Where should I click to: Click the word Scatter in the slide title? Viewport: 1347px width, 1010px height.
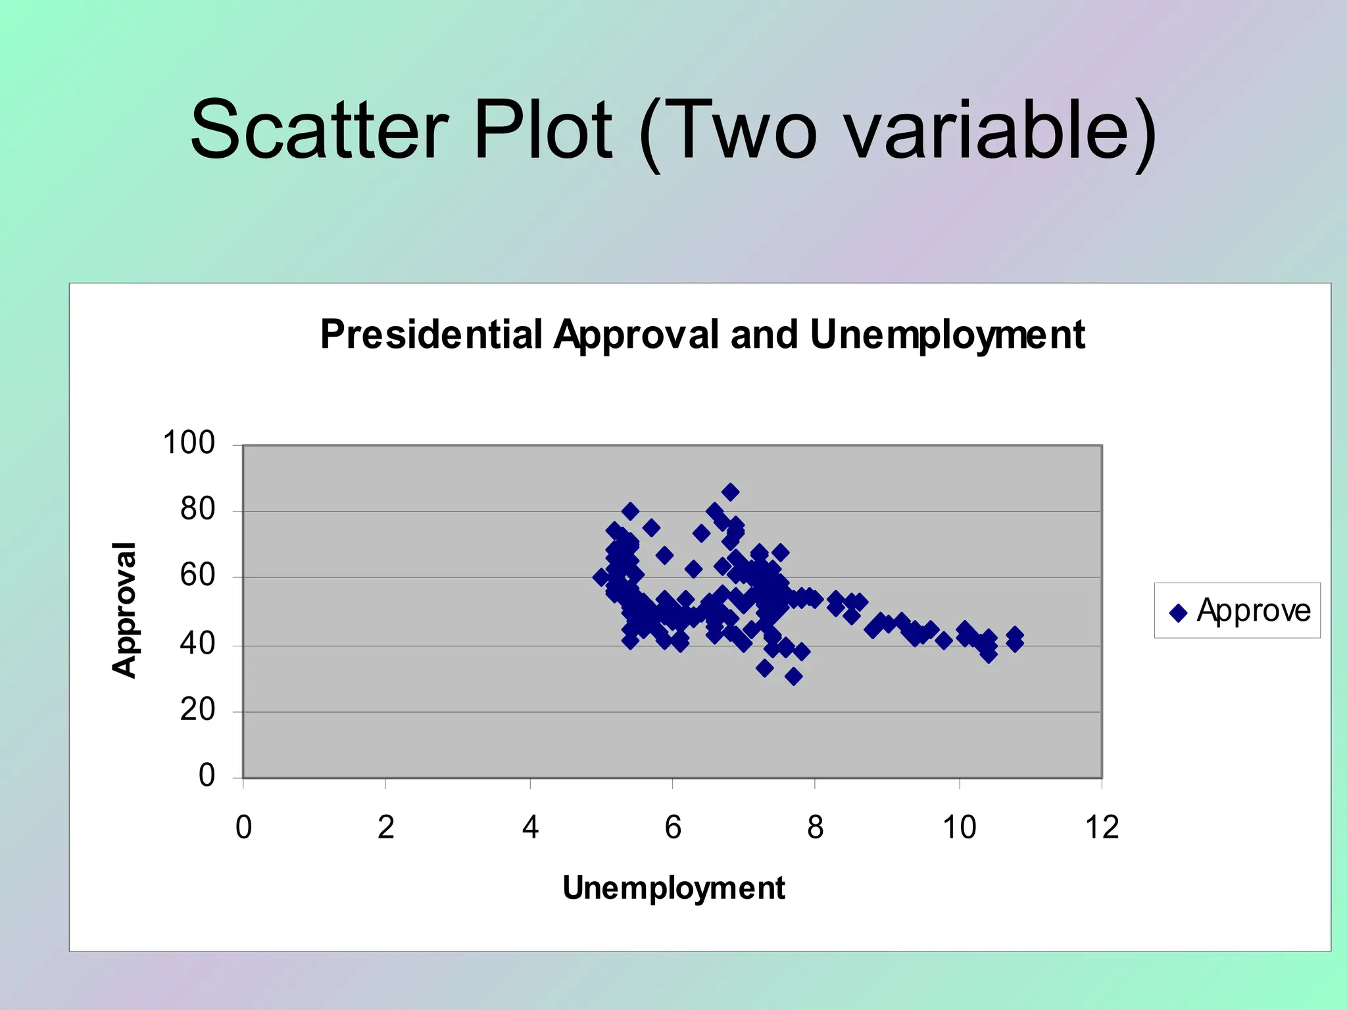point(320,130)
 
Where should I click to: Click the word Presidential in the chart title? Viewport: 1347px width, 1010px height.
point(431,335)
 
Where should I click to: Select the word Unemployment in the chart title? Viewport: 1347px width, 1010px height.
point(947,335)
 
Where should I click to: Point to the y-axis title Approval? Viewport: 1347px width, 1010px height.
point(124,610)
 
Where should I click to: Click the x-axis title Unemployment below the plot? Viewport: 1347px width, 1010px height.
point(673,888)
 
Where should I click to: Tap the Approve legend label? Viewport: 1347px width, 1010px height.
point(1253,610)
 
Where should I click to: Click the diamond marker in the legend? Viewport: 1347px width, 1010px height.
point(1178,613)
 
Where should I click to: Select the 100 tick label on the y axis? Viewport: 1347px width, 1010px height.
point(189,443)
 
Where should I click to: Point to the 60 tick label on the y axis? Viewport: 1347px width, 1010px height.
point(197,576)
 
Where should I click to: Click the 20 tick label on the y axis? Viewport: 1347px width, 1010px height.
point(197,710)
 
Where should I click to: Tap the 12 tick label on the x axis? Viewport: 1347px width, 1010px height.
point(1102,827)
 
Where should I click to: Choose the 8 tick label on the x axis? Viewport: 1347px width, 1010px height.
point(815,827)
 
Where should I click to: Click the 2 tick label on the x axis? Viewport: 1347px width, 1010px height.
point(385,827)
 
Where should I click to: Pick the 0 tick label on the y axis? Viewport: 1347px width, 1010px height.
point(207,776)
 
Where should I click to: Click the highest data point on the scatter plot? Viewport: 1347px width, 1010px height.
point(730,492)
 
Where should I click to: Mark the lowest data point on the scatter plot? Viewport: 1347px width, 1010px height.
point(793,676)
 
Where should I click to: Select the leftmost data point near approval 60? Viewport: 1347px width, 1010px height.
point(600,577)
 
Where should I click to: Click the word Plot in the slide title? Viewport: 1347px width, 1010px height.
point(543,130)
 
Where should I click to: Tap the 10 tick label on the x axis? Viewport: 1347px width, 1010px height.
point(959,827)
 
